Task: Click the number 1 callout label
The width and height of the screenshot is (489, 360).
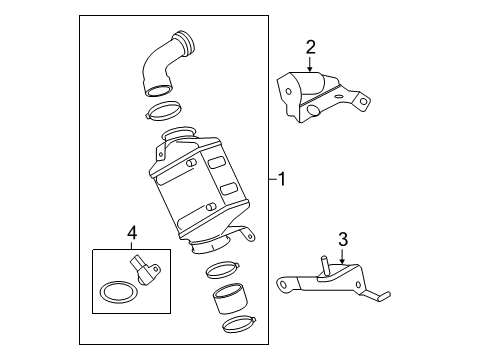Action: [283, 180]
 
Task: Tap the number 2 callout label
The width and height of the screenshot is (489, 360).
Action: [310, 46]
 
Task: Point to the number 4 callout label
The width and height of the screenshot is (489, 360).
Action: [130, 235]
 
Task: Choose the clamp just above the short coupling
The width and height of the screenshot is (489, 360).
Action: [222, 270]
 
